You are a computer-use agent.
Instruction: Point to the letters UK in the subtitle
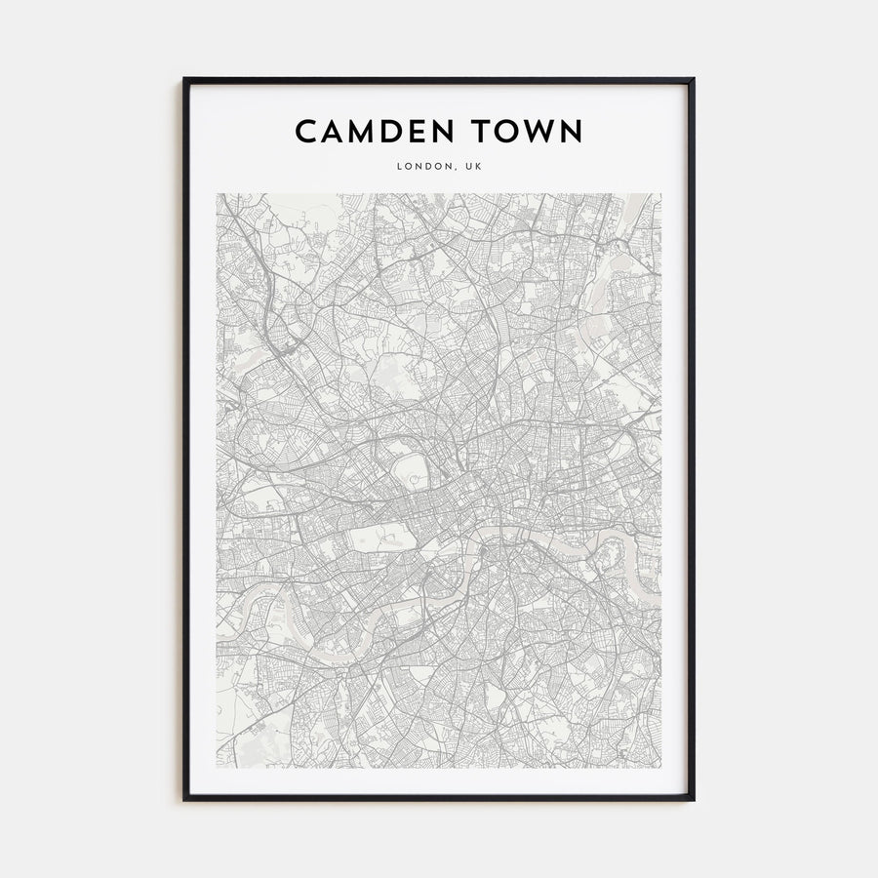(473, 166)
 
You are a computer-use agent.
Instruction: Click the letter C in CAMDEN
(306, 131)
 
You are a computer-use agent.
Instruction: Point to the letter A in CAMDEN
(332, 131)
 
